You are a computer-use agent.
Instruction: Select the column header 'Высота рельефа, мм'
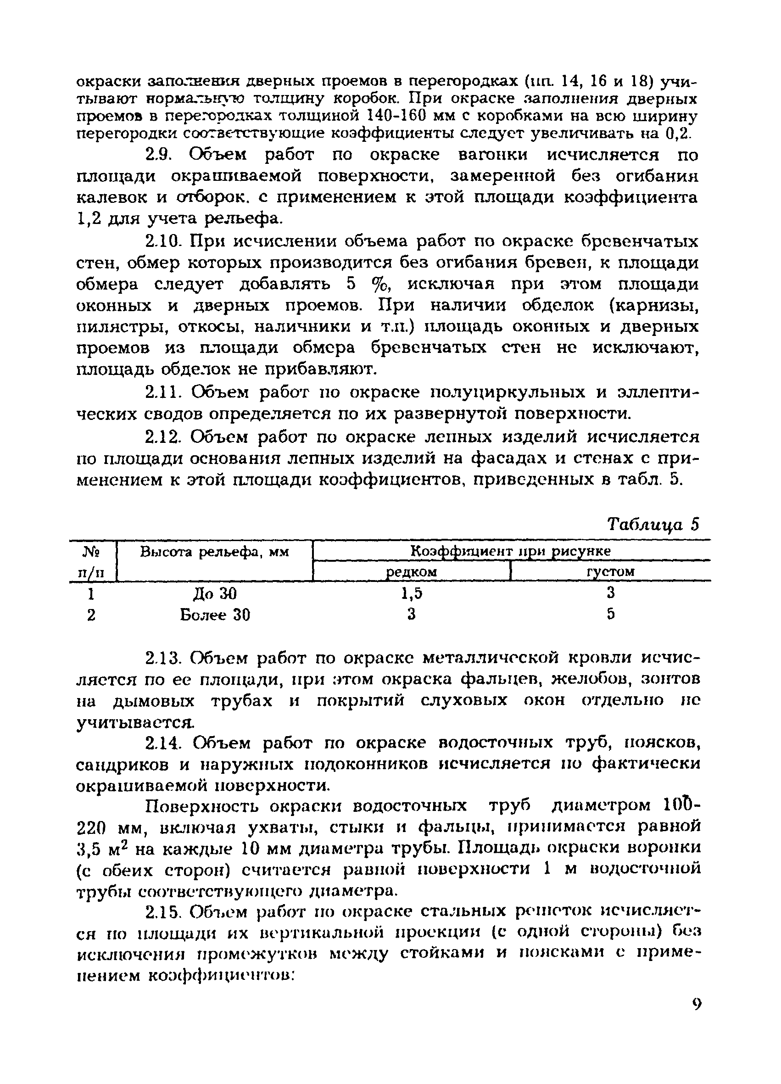215,552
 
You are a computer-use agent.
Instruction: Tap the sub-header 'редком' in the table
412,572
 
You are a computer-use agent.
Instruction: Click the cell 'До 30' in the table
215,593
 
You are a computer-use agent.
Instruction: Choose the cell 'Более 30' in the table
215,615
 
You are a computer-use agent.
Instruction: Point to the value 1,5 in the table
412,593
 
